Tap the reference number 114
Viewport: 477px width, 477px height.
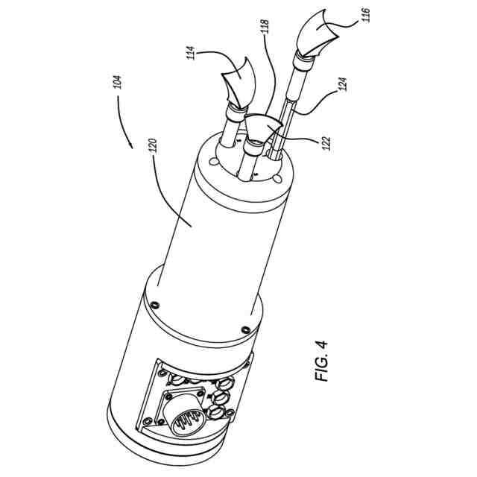191,53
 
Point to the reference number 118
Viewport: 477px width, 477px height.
265,27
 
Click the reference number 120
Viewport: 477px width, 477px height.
154,146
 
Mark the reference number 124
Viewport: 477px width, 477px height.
343,84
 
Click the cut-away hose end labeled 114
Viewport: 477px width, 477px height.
238,83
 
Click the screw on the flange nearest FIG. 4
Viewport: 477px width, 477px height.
245,329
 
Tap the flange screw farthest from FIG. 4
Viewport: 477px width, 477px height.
156,304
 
